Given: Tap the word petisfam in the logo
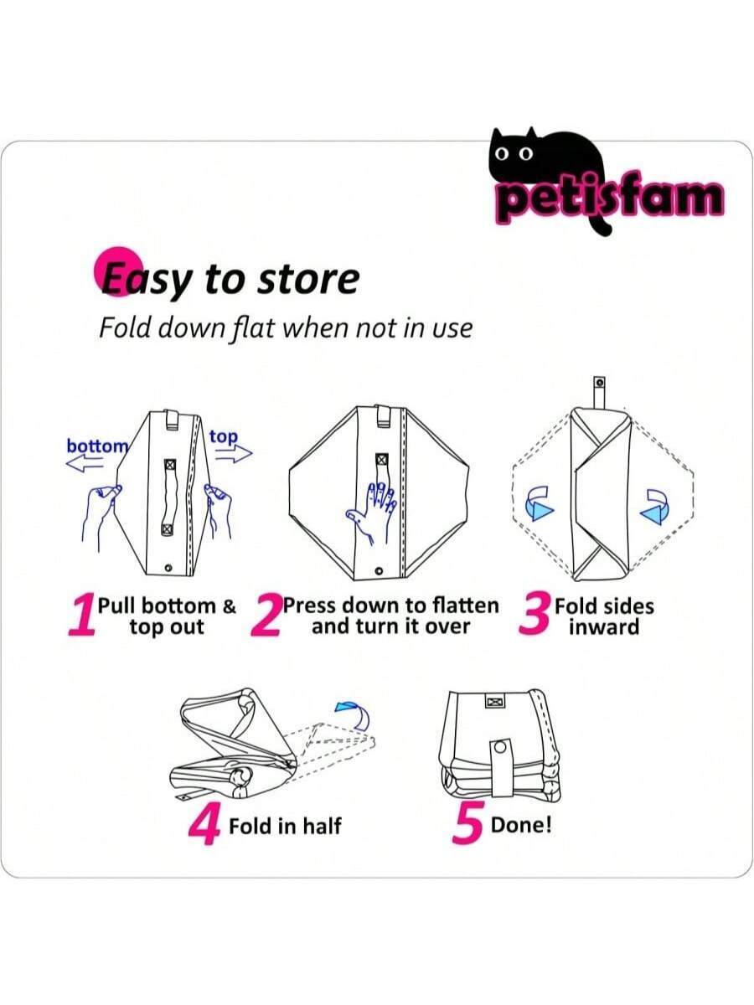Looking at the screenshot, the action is [612, 200].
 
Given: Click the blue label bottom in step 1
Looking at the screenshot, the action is [97, 446].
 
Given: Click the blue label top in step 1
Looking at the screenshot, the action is [224, 437].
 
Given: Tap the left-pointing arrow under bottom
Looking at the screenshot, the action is [85, 464].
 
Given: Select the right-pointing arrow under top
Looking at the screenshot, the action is [234, 454].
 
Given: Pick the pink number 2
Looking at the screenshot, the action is [266, 616].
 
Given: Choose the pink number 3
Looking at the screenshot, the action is [535, 614].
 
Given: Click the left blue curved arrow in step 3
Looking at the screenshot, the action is [540, 503].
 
